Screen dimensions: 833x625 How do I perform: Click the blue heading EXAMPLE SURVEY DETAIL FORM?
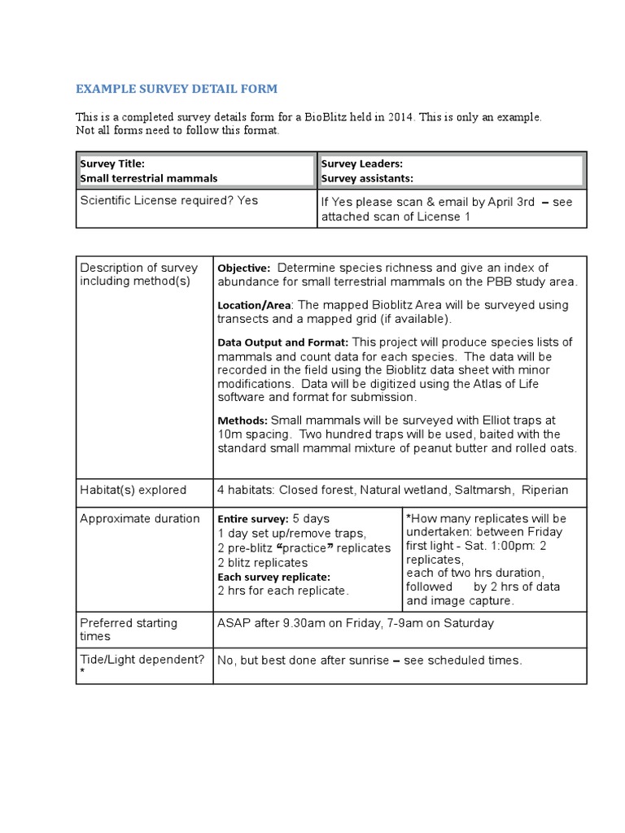pos(177,88)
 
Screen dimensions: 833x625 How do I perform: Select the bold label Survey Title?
pos(112,164)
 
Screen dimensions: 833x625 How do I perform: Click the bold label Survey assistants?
pos(367,178)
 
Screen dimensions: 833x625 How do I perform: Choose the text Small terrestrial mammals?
pos(149,178)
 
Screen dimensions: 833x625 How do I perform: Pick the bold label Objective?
pos(243,268)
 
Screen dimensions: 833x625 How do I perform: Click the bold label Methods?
pos(243,421)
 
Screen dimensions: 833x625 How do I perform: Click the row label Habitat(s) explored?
pos(133,490)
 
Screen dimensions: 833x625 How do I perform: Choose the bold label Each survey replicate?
pos(273,577)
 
